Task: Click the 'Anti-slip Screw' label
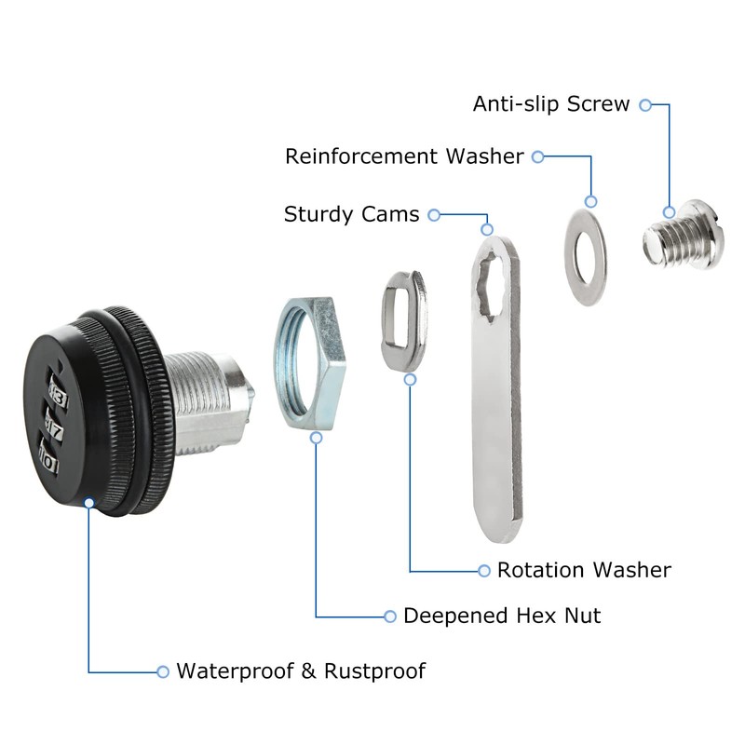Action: coord(551,104)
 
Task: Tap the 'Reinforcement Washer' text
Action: coord(404,156)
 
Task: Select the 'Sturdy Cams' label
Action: coord(351,215)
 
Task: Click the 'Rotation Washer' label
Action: coord(584,570)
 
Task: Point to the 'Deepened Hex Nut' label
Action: coord(502,616)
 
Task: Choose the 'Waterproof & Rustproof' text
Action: coord(301,670)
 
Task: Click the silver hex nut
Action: coord(310,363)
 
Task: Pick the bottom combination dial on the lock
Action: coord(49,460)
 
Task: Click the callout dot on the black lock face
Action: coord(88,503)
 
